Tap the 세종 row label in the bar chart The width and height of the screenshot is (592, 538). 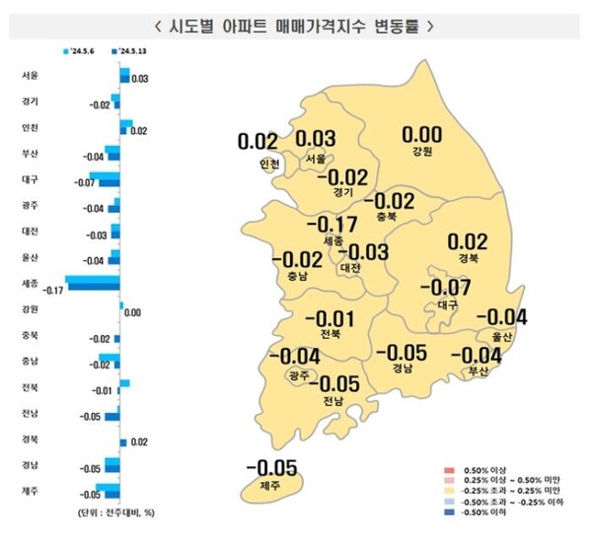click(x=31, y=284)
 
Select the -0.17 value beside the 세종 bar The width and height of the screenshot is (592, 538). click(x=53, y=290)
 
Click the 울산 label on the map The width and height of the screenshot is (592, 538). click(x=501, y=336)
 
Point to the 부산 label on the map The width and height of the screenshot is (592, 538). click(x=479, y=371)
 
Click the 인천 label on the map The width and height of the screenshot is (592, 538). click(x=268, y=164)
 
